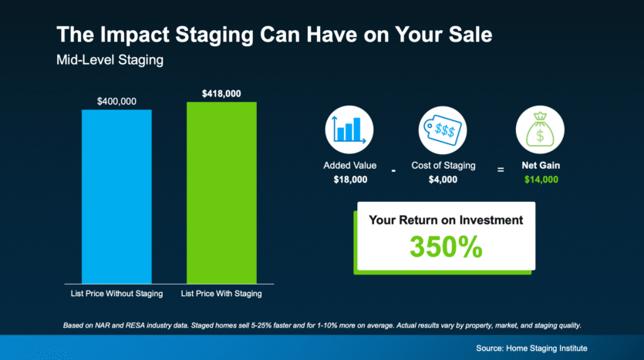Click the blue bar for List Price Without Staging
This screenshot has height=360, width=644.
click(116, 197)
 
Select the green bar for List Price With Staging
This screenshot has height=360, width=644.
click(222, 193)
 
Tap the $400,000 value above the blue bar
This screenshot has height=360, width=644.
click(116, 102)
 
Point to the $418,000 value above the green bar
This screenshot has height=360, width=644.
click(221, 93)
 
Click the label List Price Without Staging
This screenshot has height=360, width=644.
click(116, 294)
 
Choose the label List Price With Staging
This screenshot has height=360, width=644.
click(221, 294)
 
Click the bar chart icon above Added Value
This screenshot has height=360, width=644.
click(349, 130)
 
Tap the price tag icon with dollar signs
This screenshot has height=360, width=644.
click(443, 130)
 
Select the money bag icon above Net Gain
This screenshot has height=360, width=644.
click(540, 130)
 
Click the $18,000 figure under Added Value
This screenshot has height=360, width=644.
click(350, 180)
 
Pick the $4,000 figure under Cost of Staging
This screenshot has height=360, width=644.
click(443, 180)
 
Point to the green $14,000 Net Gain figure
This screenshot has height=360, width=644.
click(541, 180)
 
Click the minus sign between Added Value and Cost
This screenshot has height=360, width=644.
click(393, 170)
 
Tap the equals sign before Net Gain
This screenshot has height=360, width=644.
click(501, 170)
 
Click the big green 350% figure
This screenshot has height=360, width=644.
click(446, 247)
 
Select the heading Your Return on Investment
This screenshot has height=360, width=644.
click(446, 220)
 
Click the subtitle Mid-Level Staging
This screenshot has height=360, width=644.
click(110, 60)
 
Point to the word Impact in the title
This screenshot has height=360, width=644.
click(135, 35)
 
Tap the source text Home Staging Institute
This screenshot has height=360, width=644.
click(547, 348)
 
